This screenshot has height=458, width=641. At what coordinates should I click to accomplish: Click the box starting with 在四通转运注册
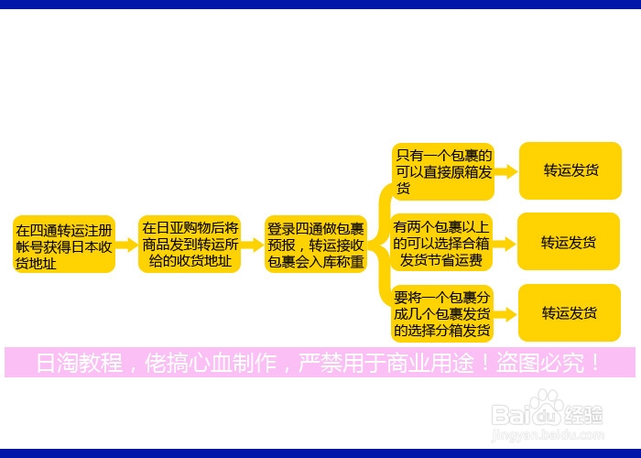pyautogui.click(x=64, y=245)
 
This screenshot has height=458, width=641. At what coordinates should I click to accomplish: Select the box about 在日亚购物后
pyautogui.click(x=190, y=245)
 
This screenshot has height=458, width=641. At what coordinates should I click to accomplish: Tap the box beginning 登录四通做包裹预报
pyautogui.click(x=315, y=245)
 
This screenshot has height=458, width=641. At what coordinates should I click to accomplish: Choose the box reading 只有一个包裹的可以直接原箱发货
pyautogui.click(x=443, y=171)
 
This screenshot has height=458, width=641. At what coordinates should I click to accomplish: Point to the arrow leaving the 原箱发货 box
pyautogui.click(x=506, y=171)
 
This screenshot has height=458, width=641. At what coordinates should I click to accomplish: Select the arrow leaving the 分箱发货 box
pyautogui.click(x=506, y=313)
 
